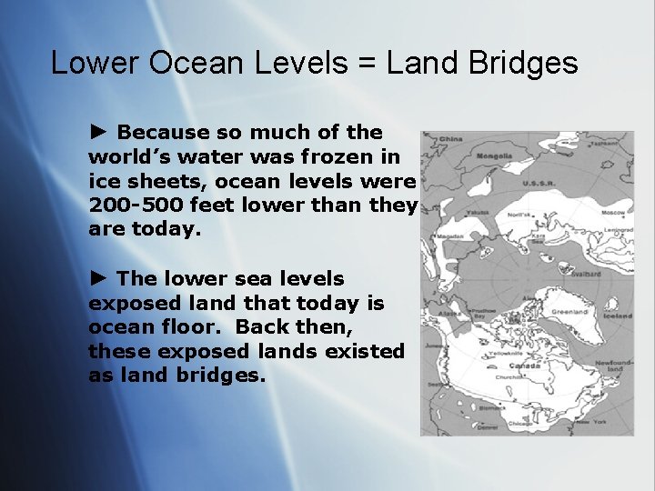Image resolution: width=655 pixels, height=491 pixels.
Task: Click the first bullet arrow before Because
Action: pyautogui.click(x=99, y=133)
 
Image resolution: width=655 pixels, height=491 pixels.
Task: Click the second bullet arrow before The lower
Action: pyautogui.click(x=99, y=278)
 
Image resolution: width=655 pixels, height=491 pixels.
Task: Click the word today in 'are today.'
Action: pyautogui.click(x=164, y=229)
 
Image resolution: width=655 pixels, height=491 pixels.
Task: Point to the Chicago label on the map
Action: pyautogui.click(x=521, y=422)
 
